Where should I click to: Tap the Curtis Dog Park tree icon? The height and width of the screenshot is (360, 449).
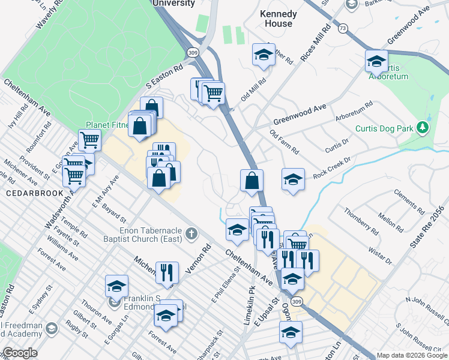point(423,128)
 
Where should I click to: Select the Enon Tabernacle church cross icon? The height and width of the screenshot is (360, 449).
point(191,232)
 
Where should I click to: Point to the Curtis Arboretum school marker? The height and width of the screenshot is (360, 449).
point(376,61)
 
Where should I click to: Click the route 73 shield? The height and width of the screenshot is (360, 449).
point(343,28)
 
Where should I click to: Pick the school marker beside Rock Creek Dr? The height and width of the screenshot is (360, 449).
point(292,179)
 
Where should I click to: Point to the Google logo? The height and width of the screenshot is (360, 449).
point(19,353)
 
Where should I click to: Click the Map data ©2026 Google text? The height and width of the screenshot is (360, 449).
point(411,355)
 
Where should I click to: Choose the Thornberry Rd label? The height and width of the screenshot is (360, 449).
point(361,221)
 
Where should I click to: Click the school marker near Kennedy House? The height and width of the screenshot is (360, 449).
point(263,55)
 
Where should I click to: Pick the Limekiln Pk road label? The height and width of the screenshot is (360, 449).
point(249,310)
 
